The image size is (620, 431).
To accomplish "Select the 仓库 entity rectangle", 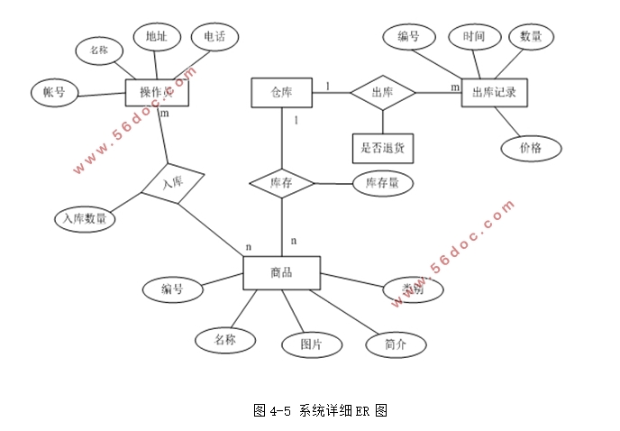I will pyautogui.click(x=280, y=92).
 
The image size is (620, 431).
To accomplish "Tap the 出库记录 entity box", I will pyautogui.click(x=494, y=93).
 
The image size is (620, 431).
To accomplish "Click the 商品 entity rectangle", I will pyautogui.click(x=281, y=273).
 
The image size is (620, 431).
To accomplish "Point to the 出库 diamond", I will pyautogui.click(x=383, y=92).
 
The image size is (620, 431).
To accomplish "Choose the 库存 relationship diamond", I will pyautogui.click(x=281, y=183).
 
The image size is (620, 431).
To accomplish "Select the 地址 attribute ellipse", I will pyautogui.click(x=156, y=37).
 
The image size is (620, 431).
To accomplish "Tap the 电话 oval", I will pyautogui.click(x=215, y=37).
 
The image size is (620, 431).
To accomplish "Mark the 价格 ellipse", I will pyautogui.click(x=529, y=148).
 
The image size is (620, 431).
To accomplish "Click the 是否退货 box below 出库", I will pyautogui.click(x=383, y=144).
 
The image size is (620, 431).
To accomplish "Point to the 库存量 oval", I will pyautogui.click(x=383, y=183).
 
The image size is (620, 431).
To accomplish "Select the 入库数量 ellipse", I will pyautogui.click(x=84, y=217).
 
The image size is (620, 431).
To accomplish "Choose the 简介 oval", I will pyautogui.click(x=396, y=344).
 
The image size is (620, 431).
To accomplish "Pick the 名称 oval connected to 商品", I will pyautogui.click(x=224, y=339).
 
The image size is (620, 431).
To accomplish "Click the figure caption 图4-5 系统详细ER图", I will pyautogui.click(x=322, y=410).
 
